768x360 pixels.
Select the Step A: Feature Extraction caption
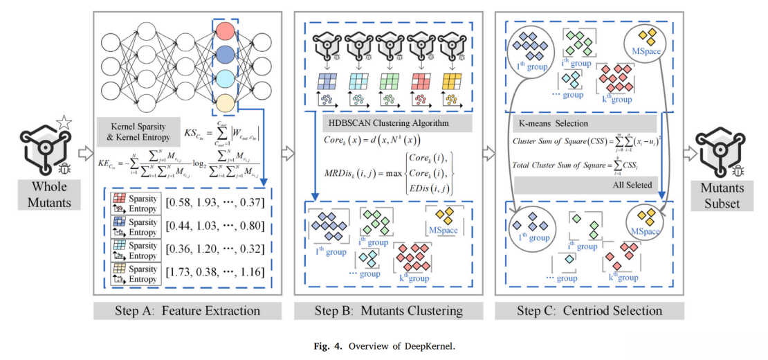[x=187, y=310]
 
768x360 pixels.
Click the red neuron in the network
[x=225, y=31]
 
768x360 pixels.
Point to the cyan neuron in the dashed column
[x=225, y=79]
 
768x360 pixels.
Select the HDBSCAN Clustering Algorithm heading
[x=388, y=123]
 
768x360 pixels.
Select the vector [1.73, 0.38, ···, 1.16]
[x=212, y=271]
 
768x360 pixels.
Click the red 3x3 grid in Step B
[x=422, y=81]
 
